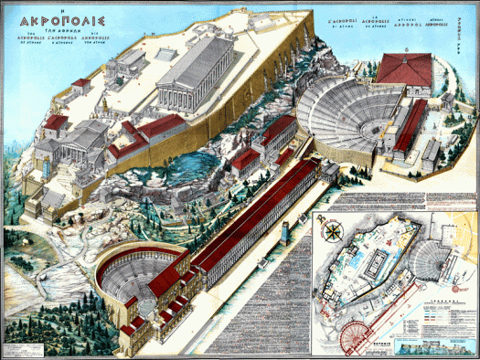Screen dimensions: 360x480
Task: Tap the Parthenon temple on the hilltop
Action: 196,79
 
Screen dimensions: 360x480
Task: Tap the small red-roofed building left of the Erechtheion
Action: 81,83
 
